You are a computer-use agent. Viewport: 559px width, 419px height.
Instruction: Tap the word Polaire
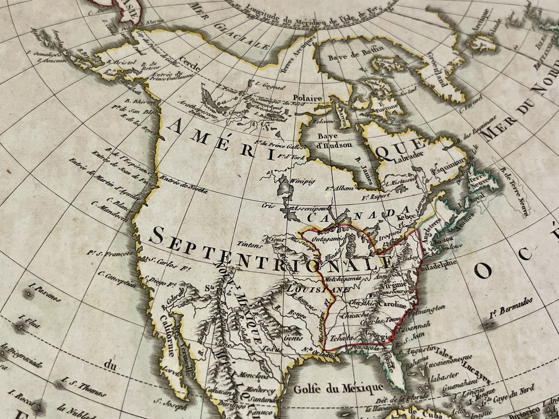(308, 98)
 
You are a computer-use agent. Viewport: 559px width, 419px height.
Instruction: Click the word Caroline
(391, 305)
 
